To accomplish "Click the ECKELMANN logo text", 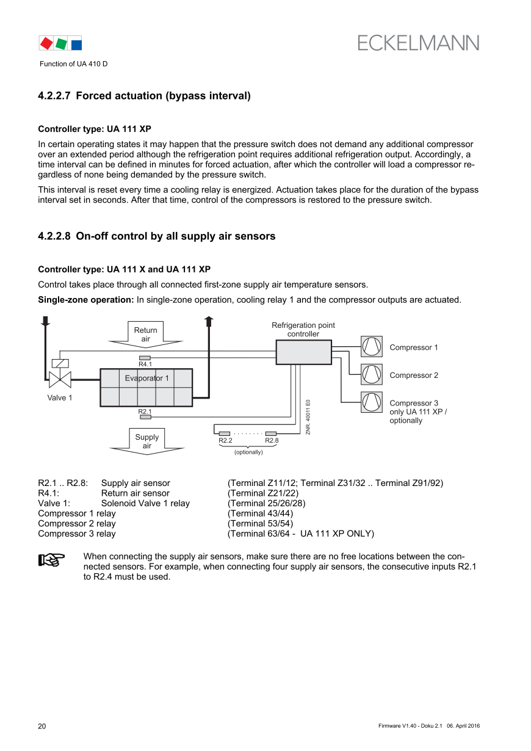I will (418, 43).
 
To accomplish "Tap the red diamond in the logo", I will (46, 43).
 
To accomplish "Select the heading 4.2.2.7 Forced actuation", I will (144, 96).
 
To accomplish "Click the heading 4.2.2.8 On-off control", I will (156, 236).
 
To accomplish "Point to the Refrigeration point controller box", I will (303, 352).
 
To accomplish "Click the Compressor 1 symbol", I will (371, 347).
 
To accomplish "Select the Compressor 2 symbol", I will (371, 374).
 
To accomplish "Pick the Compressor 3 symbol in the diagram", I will (371, 402).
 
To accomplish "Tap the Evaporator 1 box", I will (146, 387).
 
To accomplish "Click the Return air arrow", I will (146, 335).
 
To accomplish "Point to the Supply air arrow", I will (146, 441).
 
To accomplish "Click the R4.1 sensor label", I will (145, 365).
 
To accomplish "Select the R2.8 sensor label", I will (272, 441).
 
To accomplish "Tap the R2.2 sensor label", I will (225, 441).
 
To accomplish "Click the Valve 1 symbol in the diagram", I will (60, 379).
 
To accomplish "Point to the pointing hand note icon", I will (52, 559).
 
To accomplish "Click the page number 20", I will (42, 726).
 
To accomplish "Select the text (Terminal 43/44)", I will (260, 513).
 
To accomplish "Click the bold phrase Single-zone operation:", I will (85, 300).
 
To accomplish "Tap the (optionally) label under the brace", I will (248, 452).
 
